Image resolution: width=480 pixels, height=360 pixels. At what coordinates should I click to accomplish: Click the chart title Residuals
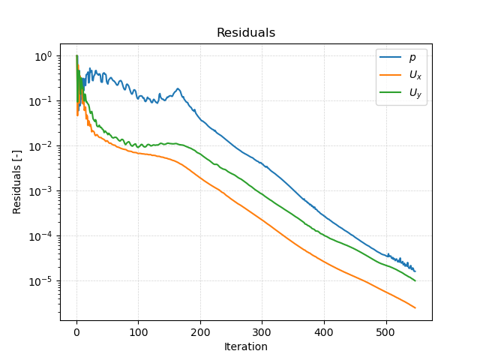(245, 33)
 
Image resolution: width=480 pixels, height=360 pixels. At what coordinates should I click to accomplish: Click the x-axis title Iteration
(245, 346)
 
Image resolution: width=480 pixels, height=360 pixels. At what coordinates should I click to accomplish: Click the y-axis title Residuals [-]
(17, 181)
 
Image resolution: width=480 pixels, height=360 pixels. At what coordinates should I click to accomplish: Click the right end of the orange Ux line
(415, 307)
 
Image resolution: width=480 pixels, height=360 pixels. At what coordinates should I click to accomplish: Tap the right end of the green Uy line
(415, 280)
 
